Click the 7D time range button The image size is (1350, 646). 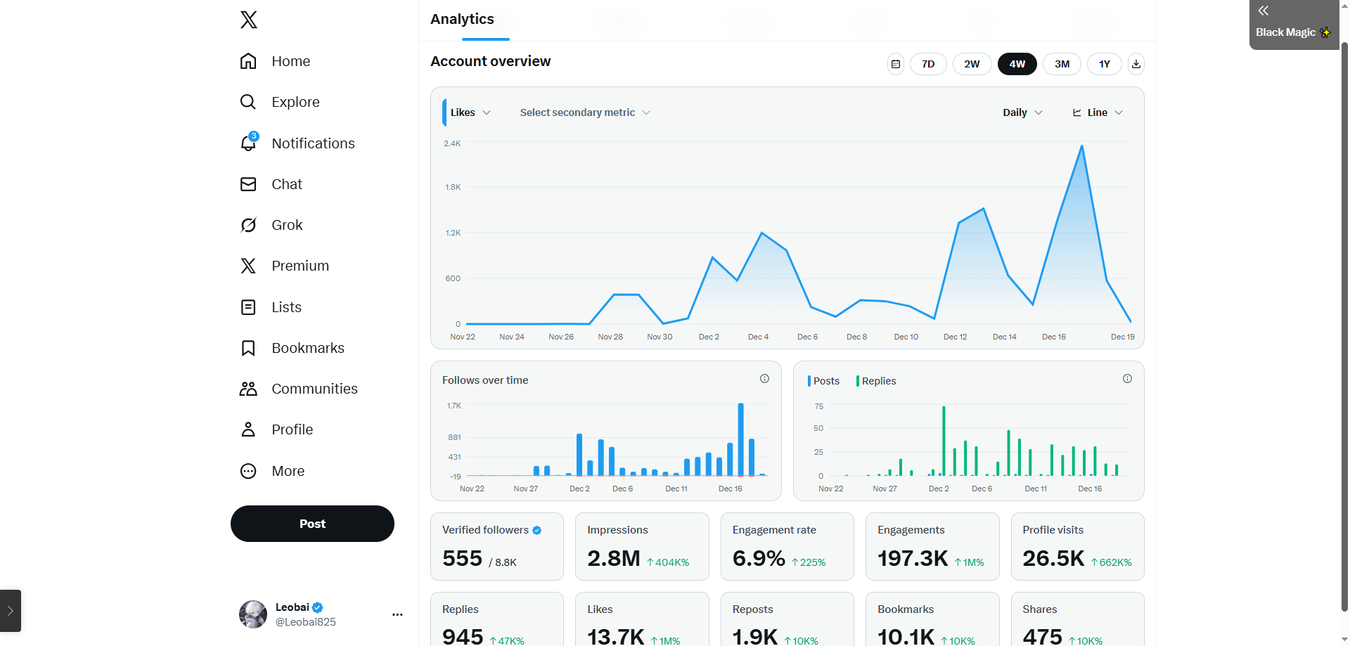click(928, 64)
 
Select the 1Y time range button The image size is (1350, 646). click(1104, 64)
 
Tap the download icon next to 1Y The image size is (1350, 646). click(1136, 64)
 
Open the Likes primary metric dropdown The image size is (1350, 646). click(470, 112)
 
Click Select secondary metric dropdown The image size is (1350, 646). click(584, 112)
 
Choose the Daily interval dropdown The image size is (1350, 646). click(1022, 112)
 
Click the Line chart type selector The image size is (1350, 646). click(1098, 112)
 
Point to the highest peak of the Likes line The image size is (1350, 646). click(1081, 146)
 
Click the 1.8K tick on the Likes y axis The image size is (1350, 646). click(453, 187)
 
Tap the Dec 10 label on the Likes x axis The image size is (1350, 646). click(906, 337)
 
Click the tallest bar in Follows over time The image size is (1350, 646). click(740, 439)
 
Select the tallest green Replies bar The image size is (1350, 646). click(944, 441)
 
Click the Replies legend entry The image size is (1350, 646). click(878, 381)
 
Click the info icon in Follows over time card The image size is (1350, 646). click(764, 379)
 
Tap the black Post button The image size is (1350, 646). click(312, 524)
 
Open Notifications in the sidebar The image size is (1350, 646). click(313, 143)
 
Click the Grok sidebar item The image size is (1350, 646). click(287, 225)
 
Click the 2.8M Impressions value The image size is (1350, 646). click(613, 559)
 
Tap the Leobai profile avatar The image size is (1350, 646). click(253, 614)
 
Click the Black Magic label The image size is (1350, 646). click(1285, 32)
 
